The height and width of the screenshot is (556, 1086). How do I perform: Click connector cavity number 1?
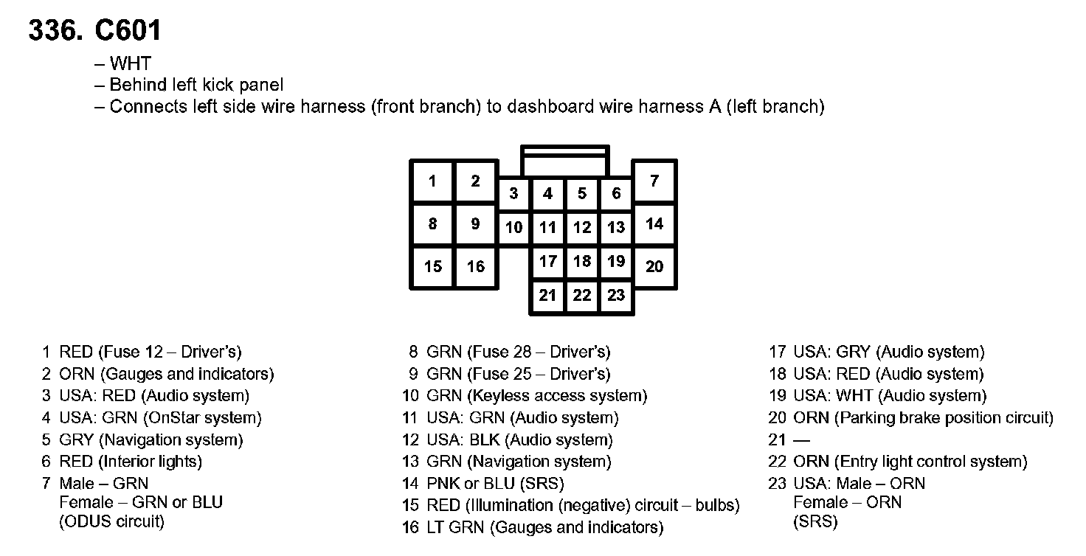point(432,181)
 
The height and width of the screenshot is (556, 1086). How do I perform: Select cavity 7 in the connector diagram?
point(654,181)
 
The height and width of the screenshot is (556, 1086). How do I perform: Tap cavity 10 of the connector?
point(513,227)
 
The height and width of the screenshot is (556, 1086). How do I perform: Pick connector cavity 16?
point(476,266)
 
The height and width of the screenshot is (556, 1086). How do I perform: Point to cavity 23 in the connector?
point(616,296)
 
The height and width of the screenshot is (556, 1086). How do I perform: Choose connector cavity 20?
point(654,266)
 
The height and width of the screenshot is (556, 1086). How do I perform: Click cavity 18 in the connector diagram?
point(582,261)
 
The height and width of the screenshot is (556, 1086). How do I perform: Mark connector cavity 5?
point(582,193)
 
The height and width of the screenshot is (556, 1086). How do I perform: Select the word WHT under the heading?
point(130,64)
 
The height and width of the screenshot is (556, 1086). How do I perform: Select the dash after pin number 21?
point(801,440)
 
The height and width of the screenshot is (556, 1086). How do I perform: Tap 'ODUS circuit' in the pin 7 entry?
point(111,522)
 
